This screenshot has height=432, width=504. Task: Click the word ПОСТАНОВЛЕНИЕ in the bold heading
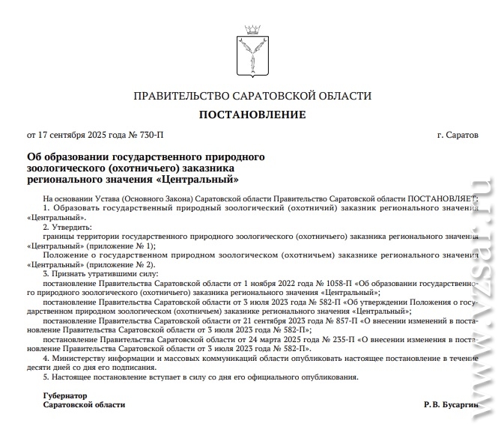coord(252,115)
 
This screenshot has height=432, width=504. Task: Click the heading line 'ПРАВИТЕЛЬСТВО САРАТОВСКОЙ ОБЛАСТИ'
coord(252,96)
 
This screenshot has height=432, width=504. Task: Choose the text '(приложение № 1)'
coord(120,246)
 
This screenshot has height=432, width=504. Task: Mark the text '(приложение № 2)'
coord(120,264)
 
